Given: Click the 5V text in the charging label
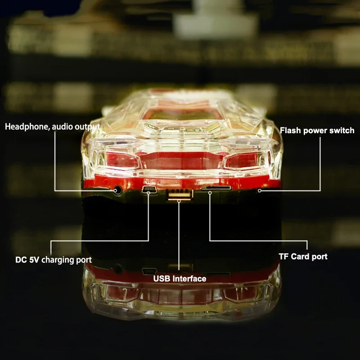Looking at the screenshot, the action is point(34,260).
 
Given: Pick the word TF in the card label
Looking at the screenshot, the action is point(283,256).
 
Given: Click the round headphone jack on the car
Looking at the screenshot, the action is point(118,190).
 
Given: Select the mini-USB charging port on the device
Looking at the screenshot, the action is point(149,189).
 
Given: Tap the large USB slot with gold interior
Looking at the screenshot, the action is point(180,195).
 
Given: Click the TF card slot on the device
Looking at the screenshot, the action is point(216,188).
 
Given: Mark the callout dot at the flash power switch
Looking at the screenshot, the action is point(260,190).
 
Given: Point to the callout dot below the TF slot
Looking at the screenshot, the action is point(210,193).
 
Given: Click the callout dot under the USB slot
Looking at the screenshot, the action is point(179,201).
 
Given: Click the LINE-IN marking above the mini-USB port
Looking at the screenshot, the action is point(152,182).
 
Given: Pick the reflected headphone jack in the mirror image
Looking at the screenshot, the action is point(118,269).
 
